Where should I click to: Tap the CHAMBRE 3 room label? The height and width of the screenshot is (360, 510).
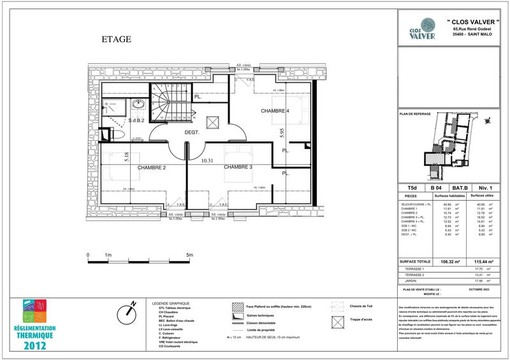(x=238, y=167)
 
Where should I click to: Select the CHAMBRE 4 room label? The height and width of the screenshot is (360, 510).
(x=275, y=112)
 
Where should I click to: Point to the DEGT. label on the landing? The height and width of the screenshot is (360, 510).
(x=193, y=133)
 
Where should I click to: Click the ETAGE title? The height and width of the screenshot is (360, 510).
(x=117, y=40)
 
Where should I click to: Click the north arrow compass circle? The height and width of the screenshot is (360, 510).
(x=129, y=312)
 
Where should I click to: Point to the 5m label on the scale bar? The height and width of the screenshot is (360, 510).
(x=190, y=256)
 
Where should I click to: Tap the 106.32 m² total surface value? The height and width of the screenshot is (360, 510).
(x=441, y=261)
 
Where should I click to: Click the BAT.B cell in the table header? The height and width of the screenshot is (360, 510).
(x=460, y=188)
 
